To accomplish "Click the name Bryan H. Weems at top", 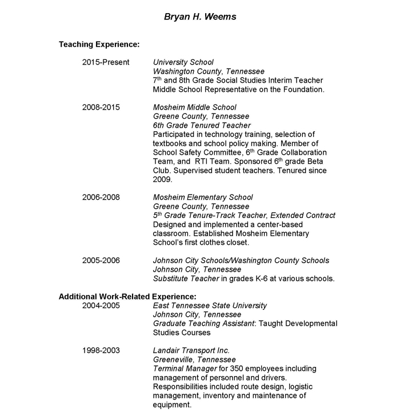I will pos(200,17).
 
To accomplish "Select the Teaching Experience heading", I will pos(99,44).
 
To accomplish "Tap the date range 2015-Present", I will pos(106,62).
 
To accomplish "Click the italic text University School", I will pos(183,62).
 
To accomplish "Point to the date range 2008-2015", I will pos(101,107).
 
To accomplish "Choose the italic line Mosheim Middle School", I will pos(194,107).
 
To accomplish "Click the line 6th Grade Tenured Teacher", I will pos(202,125).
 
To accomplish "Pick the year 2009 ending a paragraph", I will pos(162,179).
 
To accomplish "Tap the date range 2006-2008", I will pos(101,197).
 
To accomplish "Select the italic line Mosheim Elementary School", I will pos(203,197).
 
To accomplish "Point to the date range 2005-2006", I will pos(101,261).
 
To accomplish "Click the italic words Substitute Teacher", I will pos(186,278).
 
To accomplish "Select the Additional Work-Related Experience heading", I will pos(127,297).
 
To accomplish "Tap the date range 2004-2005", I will pos(101,306).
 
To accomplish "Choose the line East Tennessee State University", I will pos(210,306).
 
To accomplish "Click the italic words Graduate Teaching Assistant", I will pos(203,324).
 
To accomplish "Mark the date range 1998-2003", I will pos(101,350).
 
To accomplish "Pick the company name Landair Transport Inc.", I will pos(191,350).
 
